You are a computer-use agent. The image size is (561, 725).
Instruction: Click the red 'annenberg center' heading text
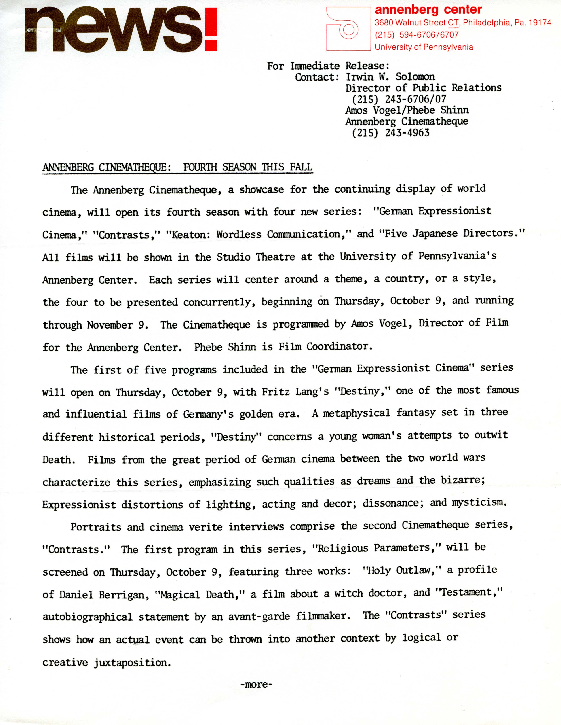pos(428,10)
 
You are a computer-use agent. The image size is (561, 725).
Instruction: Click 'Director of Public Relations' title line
pos(423,88)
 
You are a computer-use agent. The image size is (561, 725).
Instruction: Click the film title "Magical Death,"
pos(199,594)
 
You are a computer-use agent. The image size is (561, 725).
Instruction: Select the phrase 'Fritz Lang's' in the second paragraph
pos(295,392)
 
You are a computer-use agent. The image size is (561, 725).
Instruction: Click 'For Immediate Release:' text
pos(328,66)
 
